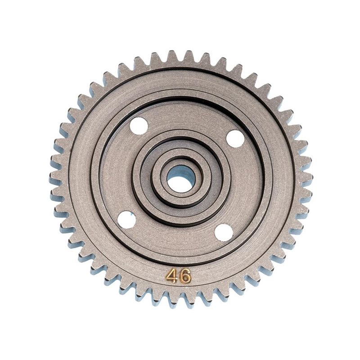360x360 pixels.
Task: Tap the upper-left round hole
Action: click(x=139, y=125)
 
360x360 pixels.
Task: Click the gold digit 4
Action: click(x=171, y=276)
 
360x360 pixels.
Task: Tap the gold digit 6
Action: click(x=184, y=277)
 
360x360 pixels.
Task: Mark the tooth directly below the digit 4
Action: click(x=171, y=301)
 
